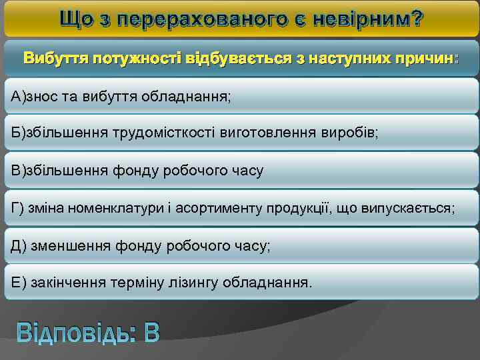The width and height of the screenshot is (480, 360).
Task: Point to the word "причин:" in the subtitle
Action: click(x=425, y=58)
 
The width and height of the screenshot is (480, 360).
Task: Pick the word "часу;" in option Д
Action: click(x=253, y=246)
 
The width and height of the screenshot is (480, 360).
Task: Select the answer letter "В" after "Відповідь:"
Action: click(x=151, y=331)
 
